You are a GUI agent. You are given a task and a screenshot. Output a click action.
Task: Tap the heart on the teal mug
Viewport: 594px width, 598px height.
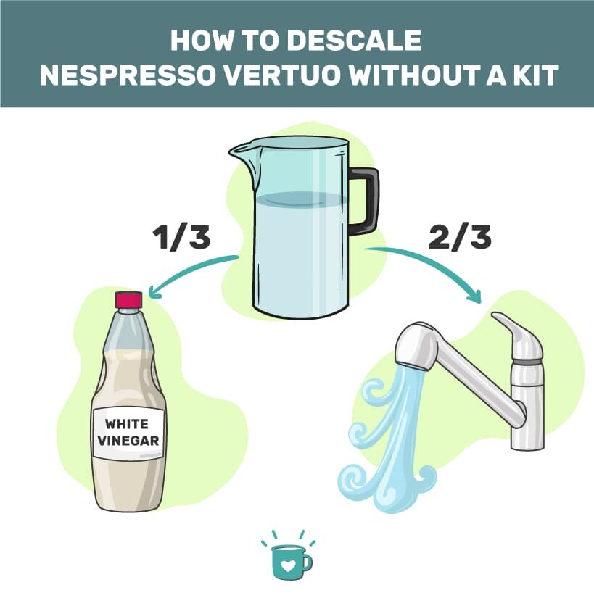tap(288, 563)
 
